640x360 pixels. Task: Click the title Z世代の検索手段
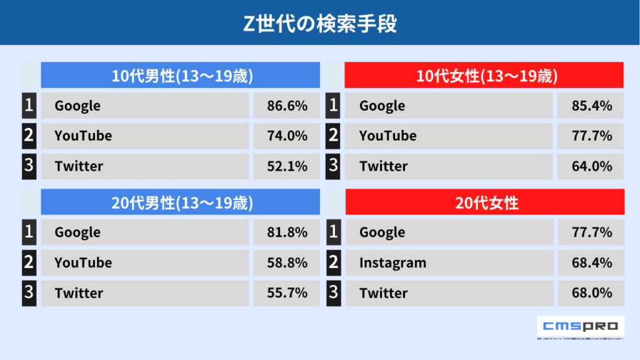pos(319,23)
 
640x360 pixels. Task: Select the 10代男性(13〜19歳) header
pos(181,76)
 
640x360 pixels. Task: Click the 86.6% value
pos(287,106)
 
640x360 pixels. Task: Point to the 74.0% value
pos(287,136)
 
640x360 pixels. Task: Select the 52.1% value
pos(287,166)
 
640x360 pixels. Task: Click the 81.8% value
pos(287,232)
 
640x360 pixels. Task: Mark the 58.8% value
pos(287,262)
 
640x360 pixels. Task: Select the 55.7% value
pos(287,292)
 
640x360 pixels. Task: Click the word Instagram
pos(392,263)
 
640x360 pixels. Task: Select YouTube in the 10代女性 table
pos(387,136)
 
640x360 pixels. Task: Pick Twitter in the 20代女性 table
pos(383,292)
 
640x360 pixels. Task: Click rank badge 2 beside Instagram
pos(333,262)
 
